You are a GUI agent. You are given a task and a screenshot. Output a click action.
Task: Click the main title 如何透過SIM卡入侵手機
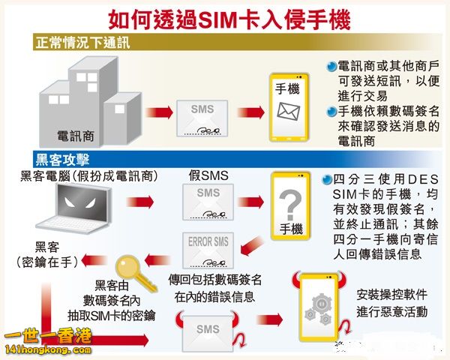(224, 16)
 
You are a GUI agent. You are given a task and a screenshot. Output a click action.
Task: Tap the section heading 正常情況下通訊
(82, 42)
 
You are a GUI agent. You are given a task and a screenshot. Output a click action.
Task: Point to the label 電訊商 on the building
(76, 136)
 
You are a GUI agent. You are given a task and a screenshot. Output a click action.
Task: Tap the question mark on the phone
(289, 202)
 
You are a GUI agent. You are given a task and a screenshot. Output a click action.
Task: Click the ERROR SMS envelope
(208, 248)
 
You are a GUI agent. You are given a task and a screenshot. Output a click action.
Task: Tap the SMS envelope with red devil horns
(208, 331)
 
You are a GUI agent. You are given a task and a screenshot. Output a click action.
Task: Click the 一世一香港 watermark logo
(46, 343)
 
